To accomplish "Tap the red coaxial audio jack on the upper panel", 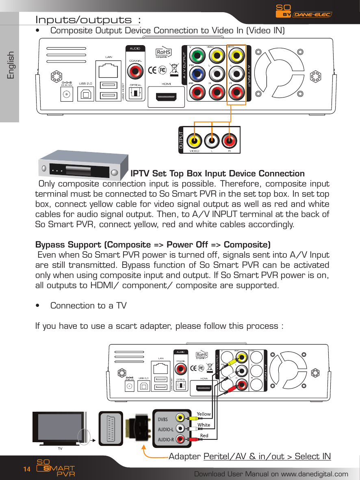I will pyautogui.click(x=135, y=72).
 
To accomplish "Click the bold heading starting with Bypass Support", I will pyautogui.click(x=153, y=245).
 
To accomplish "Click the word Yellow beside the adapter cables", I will pyautogui.click(x=204, y=414).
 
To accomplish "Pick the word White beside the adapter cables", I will pyautogui.click(x=204, y=425).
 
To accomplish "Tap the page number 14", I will pyautogui.click(x=27, y=469).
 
